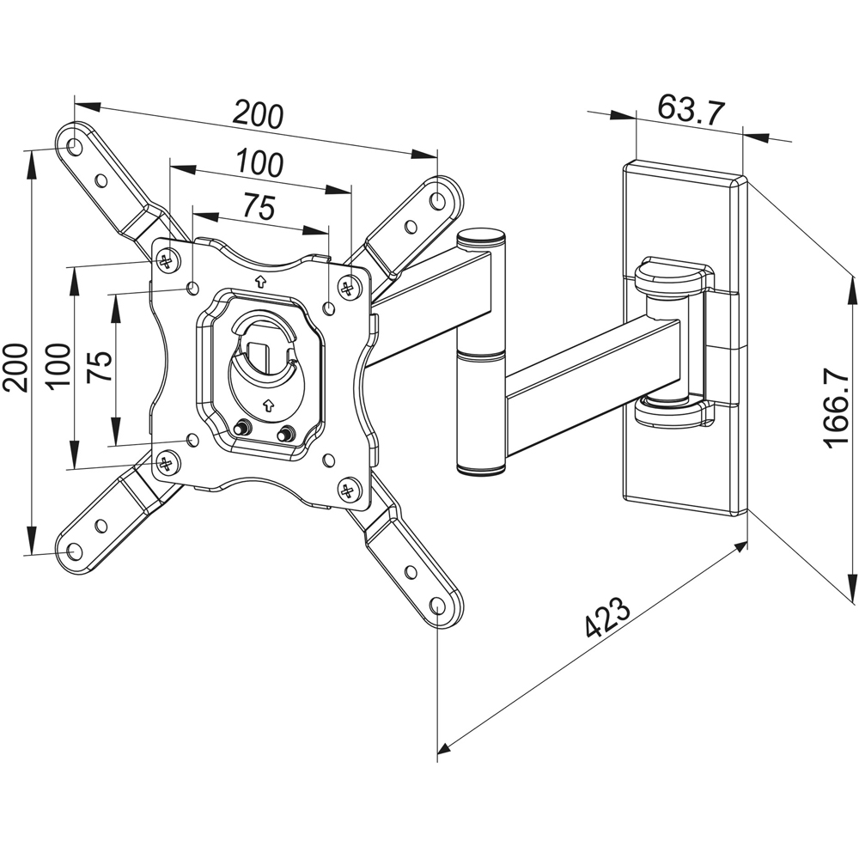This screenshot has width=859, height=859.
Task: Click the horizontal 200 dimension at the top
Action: coord(259,115)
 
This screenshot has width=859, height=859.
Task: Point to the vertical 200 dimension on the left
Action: coord(16,367)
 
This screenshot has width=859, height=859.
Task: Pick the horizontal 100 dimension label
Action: coord(259,163)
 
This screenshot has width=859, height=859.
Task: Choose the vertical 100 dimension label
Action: coord(58,365)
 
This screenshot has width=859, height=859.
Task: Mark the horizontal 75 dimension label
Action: coord(259,207)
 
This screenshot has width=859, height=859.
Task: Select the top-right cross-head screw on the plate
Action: coord(347,288)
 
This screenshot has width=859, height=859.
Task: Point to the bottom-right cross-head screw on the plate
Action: coord(348,491)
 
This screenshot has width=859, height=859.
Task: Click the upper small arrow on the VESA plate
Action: coord(260,280)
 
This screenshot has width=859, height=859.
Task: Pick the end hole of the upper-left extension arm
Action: coord(74,147)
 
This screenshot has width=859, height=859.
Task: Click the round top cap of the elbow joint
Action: coord(481,235)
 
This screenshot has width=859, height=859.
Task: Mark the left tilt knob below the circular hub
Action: coord(243,427)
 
